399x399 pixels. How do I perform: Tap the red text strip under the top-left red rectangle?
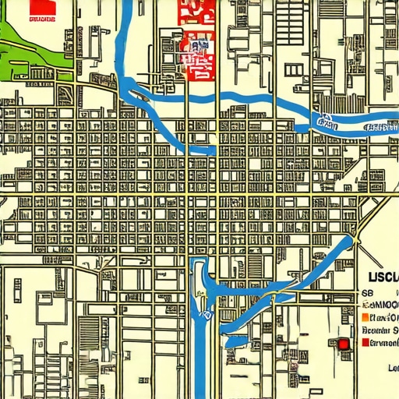point(40,25)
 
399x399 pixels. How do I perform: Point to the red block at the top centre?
point(196,39)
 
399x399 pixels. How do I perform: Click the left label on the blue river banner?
point(328,122)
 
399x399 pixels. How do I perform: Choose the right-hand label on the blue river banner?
point(381,125)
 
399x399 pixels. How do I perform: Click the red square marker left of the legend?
point(342,344)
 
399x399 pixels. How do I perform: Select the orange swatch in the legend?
point(365,318)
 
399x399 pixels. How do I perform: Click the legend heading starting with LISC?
point(383,278)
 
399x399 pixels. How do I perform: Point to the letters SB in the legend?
point(365,293)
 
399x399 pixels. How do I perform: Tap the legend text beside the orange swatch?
point(384,318)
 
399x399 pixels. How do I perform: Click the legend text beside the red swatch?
point(384,343)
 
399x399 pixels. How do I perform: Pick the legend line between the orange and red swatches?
point(383,330)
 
